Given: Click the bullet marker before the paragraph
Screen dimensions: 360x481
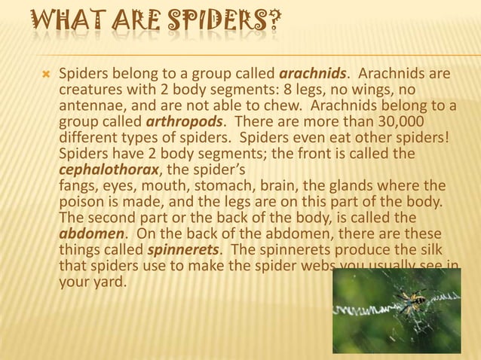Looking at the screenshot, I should click(x=44, y=75).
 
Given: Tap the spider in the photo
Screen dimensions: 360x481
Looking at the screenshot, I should click(x=411, y=300).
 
